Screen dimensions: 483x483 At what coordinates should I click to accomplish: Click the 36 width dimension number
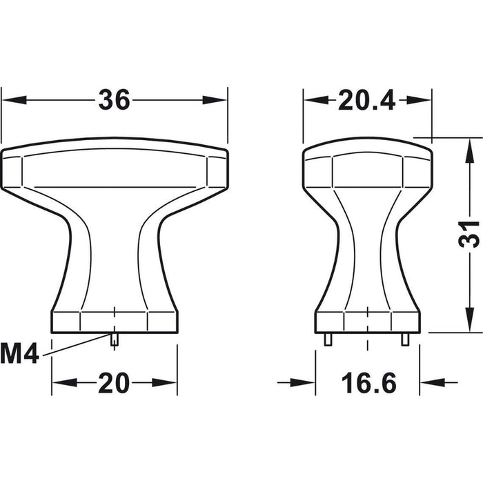(x=115, y=100)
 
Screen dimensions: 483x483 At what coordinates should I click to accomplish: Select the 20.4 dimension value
(x=366, y=100)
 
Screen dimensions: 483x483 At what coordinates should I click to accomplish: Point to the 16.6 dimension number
(x=368, y=383)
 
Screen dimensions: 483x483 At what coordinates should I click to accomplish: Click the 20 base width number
(x=114, y=383)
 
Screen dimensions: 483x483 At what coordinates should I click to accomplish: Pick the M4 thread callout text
(x=20, y=354)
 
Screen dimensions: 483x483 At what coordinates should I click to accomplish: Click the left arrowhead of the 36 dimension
(x=14, y=100)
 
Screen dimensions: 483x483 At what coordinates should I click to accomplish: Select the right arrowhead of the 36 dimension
(x=215, y=100)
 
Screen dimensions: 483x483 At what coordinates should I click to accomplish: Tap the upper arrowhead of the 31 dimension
(x=469, y=150)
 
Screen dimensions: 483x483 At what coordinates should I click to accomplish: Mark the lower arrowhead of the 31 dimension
(x=469, y=320)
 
